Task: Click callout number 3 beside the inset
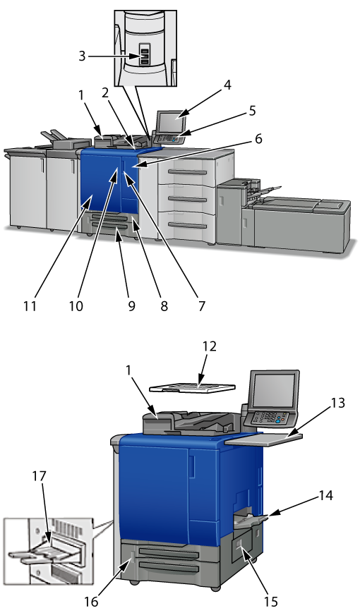81,56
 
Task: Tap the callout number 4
227,85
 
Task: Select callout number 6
258,138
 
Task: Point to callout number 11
30,305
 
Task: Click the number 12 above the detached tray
210,346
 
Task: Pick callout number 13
337,402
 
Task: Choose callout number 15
271,601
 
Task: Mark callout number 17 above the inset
39,475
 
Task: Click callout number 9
131,305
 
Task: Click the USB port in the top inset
145,56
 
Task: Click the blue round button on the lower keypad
278,420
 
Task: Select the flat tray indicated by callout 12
193,387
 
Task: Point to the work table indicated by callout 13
263,439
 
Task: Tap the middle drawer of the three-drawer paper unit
186,199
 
